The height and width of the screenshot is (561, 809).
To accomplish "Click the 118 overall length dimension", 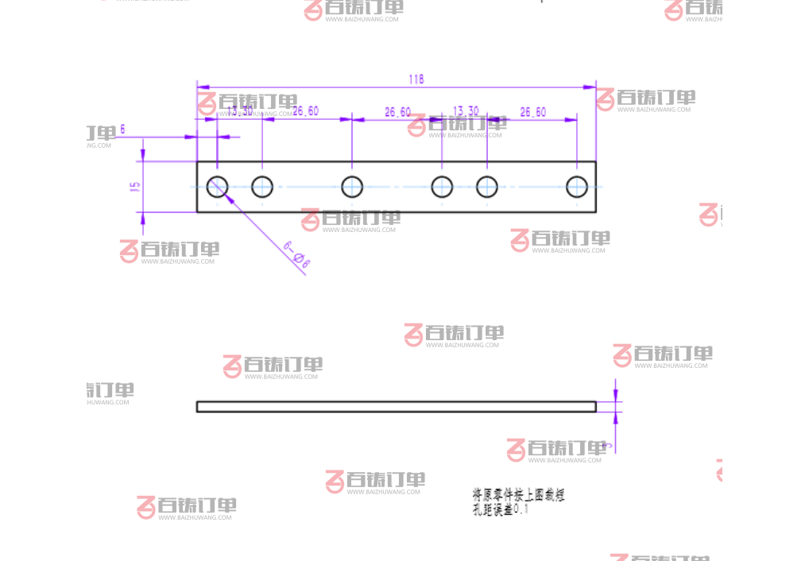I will [x=416, y=79].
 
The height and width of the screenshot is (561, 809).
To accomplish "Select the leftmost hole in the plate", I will [x=217, y=187].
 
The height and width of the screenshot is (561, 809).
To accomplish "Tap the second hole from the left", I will [x=262, y=187].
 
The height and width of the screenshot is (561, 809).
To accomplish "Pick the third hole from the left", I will [x=352, y=187].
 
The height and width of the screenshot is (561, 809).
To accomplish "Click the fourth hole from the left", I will [x=442, y=187].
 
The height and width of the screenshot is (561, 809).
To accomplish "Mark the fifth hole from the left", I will [x=487, y=187].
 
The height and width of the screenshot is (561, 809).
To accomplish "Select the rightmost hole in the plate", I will [x=577, y=187].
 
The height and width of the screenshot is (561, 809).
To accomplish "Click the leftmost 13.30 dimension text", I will [x=240, y=111].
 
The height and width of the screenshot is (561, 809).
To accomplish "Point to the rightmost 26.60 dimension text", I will [x=532, y=112].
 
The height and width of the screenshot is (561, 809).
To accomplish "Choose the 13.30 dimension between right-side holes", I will [x=466, y=110].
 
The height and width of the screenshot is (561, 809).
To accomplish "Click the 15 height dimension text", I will [x=135, y=187].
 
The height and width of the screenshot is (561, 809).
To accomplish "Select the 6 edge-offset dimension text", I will [x=122, y=128].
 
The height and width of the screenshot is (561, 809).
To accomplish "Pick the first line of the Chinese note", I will [x=518, y=494].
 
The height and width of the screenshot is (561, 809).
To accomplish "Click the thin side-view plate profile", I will [x=396, y=406].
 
